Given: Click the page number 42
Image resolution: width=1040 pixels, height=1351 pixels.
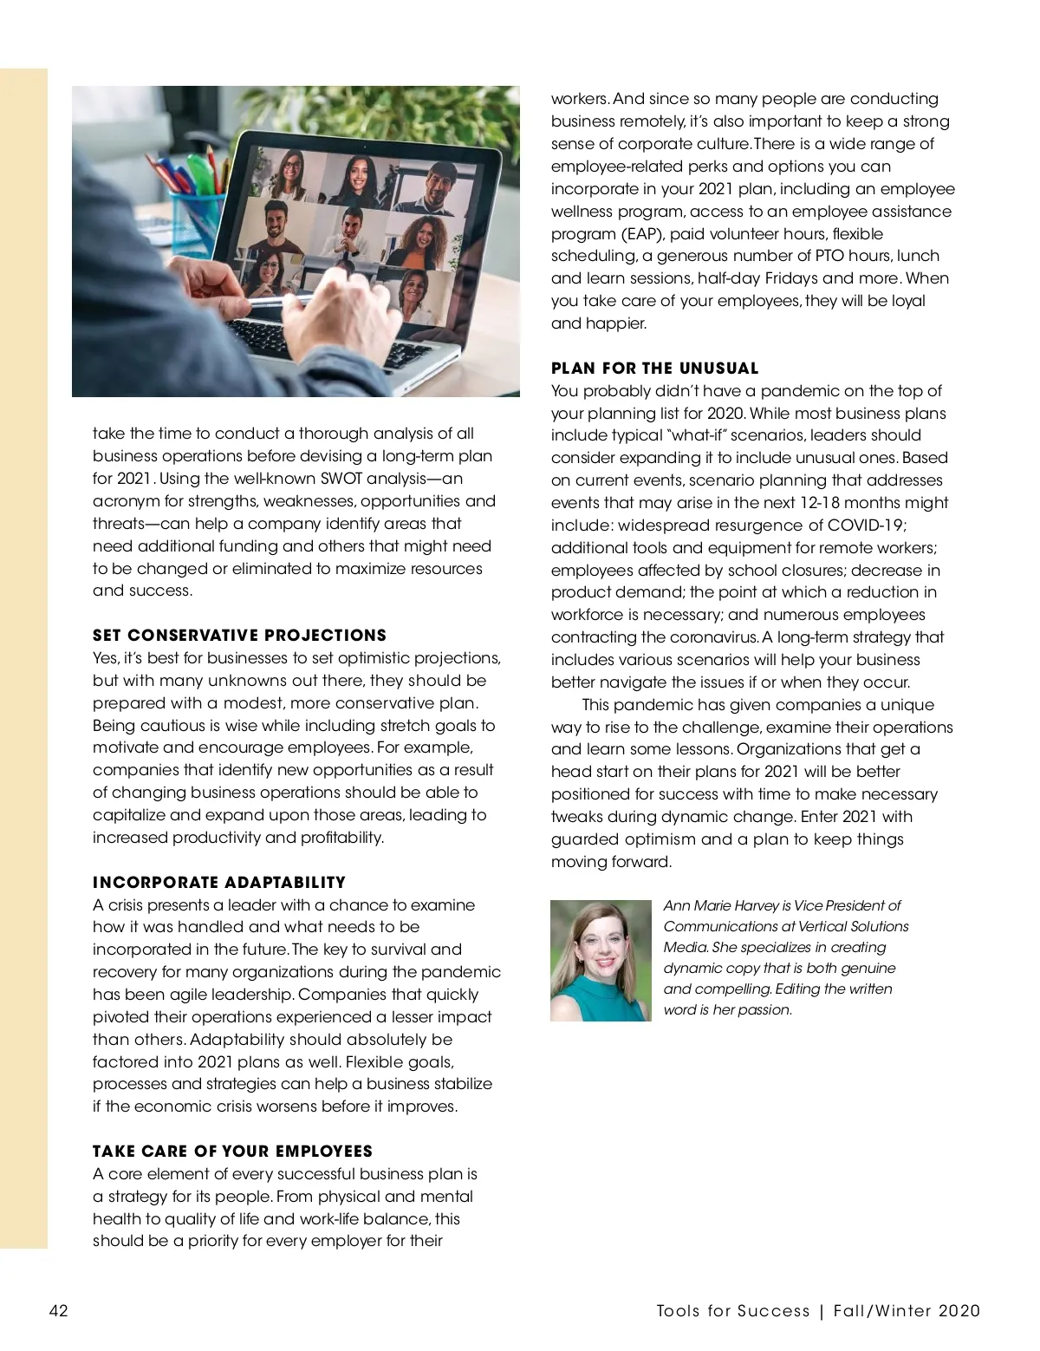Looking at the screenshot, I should (x=58, y=1310).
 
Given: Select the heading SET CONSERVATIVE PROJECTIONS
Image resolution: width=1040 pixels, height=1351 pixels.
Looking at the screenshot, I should (x=239, y=636).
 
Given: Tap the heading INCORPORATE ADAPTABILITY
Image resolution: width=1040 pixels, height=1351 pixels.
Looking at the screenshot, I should (x=219, y=883).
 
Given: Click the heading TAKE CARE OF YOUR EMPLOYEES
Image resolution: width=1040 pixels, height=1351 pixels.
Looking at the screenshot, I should (x=232, y=1152).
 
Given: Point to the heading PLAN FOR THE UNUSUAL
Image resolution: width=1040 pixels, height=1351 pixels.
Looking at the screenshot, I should (x=654, y=369).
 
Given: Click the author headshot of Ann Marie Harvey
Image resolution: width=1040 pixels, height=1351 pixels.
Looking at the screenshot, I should (x=601, y=961).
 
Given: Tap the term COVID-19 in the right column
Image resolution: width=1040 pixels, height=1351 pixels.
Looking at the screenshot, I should (x=867, y=525).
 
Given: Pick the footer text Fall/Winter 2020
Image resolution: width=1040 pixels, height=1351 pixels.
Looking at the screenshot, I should (x=907, y=1311).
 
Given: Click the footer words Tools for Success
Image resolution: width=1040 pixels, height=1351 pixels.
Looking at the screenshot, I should (x=733, y=1311).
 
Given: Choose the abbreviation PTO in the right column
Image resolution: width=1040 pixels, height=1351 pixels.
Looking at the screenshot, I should (x=835, y=256).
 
